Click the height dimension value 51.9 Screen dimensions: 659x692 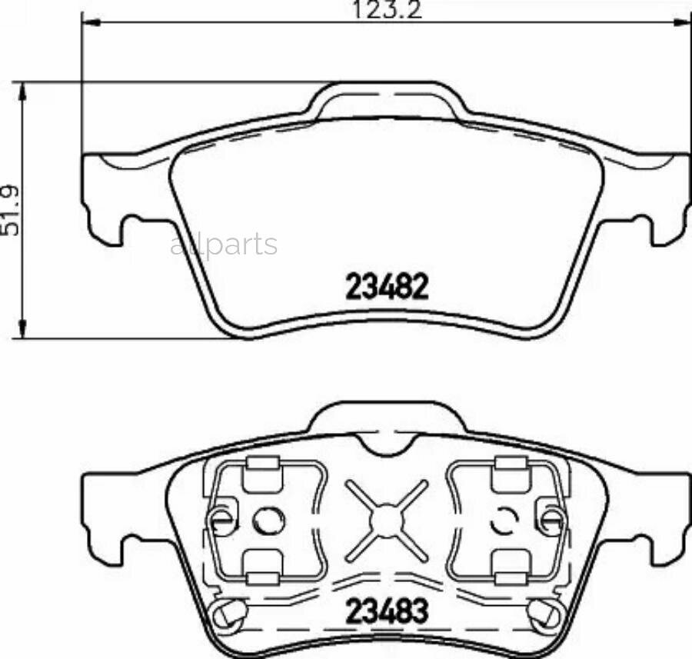click(x=10, y=209)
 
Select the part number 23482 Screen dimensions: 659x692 click(x=387, y=287)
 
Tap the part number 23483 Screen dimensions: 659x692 click(x=387, y=613)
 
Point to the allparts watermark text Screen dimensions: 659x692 click(x=224, y=245)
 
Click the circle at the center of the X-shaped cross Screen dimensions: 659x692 click(x=384, y=521)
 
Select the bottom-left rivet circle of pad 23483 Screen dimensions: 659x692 click(x=230, y=612)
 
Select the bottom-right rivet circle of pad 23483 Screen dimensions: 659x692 click(x=543, y=612)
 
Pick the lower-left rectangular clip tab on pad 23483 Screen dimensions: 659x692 click(x=259, y=567)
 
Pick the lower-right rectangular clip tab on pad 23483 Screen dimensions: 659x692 click(x=510, y=567)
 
